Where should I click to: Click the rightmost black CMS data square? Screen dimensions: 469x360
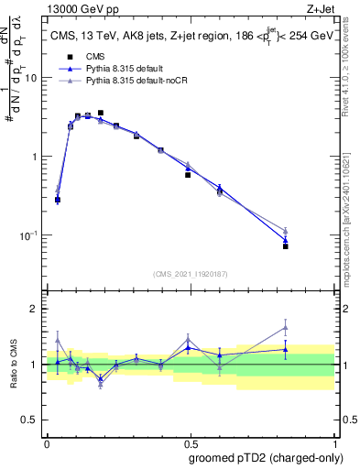(286, 246)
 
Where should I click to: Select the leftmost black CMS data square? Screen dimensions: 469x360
(58, 200)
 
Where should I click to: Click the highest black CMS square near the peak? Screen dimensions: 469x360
(100, 113)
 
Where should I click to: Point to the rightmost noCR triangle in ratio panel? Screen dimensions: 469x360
(286, 327)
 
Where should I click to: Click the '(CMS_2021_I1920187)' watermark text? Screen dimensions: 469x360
(191, 274)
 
